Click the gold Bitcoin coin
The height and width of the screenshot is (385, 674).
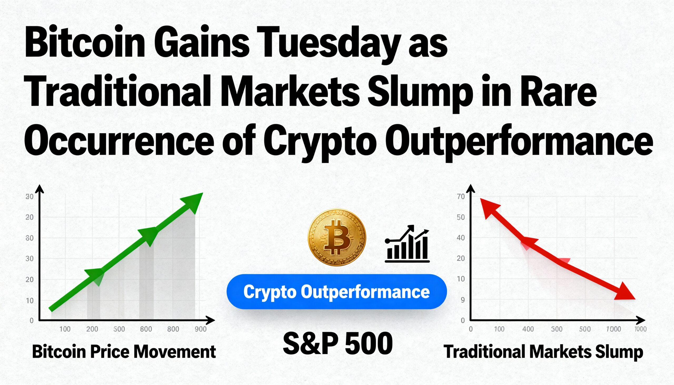(x=337, y=237)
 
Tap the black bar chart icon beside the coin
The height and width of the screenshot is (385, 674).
(x=407, y=243)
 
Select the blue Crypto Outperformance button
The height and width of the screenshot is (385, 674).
(x=337, y=292)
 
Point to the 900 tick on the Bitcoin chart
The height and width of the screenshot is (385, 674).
(x=201, y=329)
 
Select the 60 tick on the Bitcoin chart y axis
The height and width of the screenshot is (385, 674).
(x=30, y=238)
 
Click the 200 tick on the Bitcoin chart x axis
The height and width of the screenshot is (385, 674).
(x=92, y=329)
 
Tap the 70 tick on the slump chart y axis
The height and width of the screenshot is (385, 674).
(x=461, y=197)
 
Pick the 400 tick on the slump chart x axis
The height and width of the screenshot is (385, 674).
(x=528, y=329)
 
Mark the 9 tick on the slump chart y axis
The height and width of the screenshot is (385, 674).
(x=462, y=300)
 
